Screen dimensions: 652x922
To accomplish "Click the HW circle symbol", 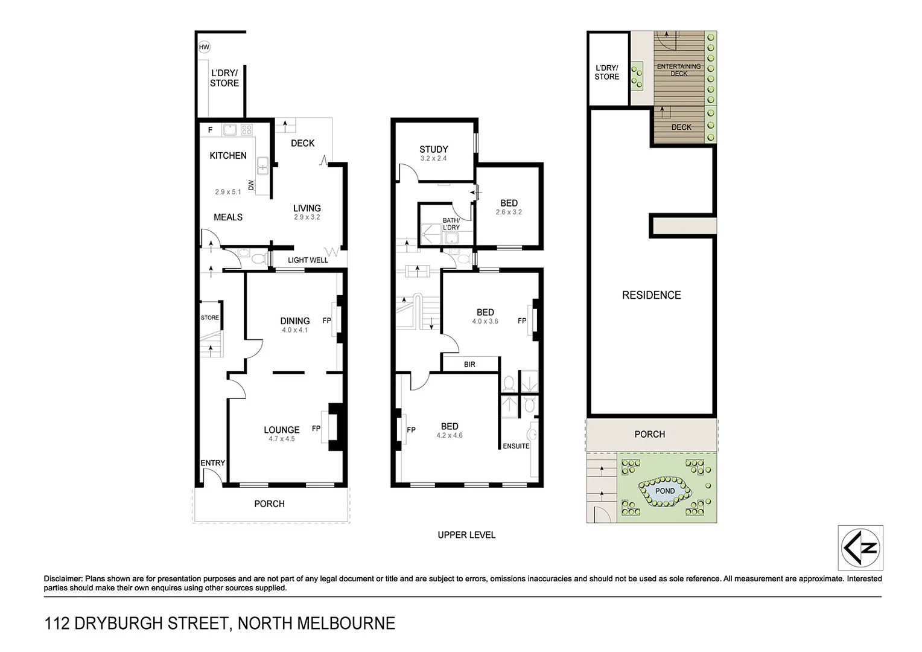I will (x=204, y=46).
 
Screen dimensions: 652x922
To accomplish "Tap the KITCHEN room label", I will (x=228, y=156).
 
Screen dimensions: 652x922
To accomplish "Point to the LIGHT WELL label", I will (x=308, y=260).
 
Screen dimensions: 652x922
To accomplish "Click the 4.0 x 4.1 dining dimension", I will (x=295, y=330).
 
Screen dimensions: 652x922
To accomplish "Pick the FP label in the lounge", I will (x=316, y=429).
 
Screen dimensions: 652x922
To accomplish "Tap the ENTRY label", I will (x=212, y=463).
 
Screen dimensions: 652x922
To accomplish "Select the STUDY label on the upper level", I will (x=434, y=149).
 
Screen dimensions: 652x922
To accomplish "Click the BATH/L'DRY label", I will (x=451, y=224).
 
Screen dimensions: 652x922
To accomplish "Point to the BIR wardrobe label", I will (x=469, y=365).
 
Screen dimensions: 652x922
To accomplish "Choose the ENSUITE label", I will (x=516, y=446).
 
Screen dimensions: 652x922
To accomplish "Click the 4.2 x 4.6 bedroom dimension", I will (x=450, y=435).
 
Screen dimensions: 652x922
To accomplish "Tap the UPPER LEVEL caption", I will (x=466, y=535).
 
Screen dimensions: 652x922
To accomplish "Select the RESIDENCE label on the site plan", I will (x=651, y=295).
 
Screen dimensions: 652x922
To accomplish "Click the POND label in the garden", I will (x=665, y=491).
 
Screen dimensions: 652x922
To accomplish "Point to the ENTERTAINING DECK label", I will (x=679, y=70).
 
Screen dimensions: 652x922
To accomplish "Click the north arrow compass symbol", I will (x=860, y=548).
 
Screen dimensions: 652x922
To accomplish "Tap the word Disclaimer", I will (x=63, y=578).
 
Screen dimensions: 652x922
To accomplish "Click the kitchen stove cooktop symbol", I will (x=247, y=129).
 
